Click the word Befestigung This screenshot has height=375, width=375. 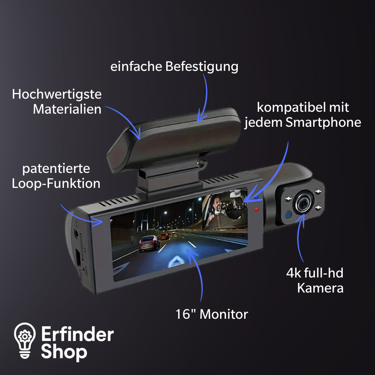click(x=202, y=67)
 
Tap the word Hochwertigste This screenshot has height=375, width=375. click(x=57, y=94)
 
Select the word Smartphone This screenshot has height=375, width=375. click(x=323, y=123)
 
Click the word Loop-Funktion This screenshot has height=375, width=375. click(x=56, y=183)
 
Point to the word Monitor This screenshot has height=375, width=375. click(x=223, y=314)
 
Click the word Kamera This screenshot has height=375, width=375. click(x=320, y=288)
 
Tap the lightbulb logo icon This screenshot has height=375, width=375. click(x=25, y=340)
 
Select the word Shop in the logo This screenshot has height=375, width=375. click(x=64, y=352)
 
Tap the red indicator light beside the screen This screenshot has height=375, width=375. click(x=256, y=210)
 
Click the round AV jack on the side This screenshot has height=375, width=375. click(x=76, y=233)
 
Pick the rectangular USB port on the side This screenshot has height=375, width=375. click(x=78, y=257)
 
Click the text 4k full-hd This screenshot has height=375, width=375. click(x=315, y=273)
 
